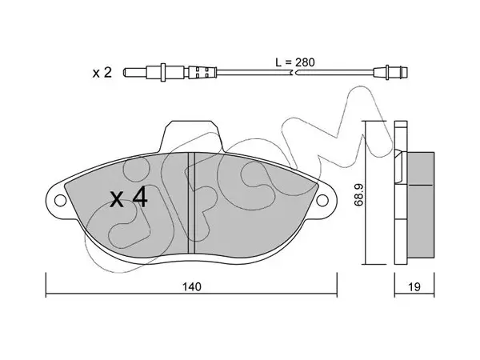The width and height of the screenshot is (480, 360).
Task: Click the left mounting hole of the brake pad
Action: (60, 201)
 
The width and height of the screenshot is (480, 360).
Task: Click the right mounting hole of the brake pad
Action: (322, 201)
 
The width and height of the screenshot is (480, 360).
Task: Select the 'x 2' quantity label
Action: (102, 73)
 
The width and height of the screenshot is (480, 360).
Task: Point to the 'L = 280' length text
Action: (294, 62)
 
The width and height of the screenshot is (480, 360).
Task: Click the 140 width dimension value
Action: (192, 287)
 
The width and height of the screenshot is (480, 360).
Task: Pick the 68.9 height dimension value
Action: (358, 194)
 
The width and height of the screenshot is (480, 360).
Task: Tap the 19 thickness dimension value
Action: (414, 287)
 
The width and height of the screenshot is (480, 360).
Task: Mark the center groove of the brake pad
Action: (191, 203)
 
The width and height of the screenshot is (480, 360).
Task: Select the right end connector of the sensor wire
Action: (391, 73)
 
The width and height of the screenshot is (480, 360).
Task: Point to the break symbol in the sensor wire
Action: (294, 73)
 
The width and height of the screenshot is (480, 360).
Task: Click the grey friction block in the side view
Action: (420, 204)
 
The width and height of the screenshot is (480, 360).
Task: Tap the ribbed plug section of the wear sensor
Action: (202, 73)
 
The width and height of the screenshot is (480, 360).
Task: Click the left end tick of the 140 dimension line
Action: (46, 284)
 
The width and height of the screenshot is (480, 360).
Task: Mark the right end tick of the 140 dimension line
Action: (337, 284)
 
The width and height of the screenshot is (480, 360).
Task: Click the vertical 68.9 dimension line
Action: (366, 193)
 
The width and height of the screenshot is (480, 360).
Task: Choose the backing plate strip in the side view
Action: (401, 192)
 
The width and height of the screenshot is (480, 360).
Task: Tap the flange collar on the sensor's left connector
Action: (162, 73)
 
